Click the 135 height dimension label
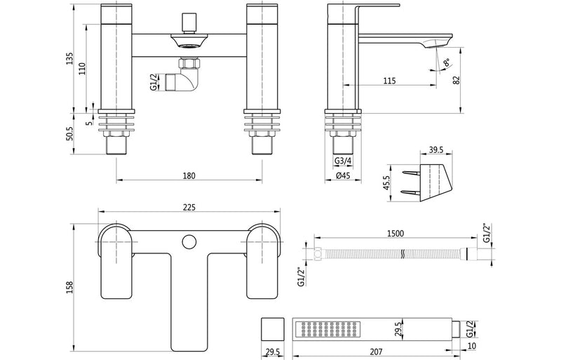(69, 58)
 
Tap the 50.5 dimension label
(69, 133)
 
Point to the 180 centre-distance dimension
(189, 175)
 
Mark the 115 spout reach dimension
(390, 81)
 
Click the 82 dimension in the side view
(457, 80)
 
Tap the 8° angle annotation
(446, 65)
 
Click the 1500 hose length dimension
(395, 235)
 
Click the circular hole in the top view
(188, 243)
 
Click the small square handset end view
(270, 328)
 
